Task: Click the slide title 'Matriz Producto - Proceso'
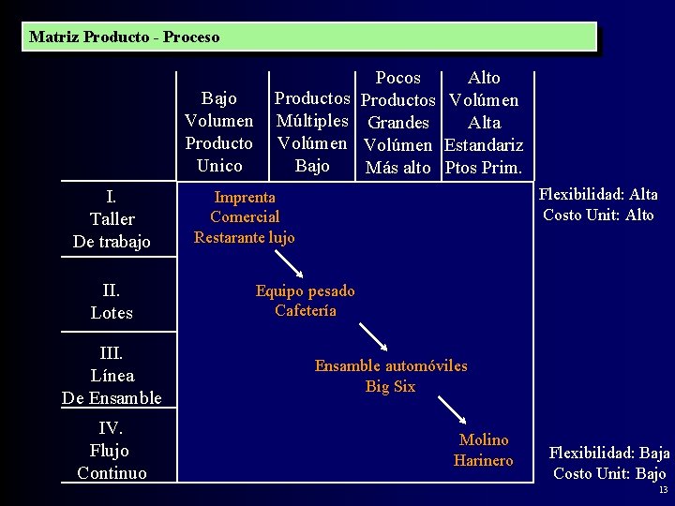pos(125,37)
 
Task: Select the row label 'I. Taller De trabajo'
pos(112,219)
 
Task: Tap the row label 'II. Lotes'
pos(112,301)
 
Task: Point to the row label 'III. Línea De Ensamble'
pos(112,376)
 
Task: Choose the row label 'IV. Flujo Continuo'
pos(112,451)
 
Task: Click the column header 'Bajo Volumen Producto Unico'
pos(219,132)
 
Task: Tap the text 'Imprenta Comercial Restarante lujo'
pos(245,217)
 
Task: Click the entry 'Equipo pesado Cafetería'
pos(306,300)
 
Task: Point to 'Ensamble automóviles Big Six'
pos(390,376)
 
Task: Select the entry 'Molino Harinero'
pos(484,450)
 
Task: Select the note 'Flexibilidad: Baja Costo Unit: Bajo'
pos(609,463)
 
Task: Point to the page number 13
pos(663,491)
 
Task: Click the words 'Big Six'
pos(390,386)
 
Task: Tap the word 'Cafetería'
pos(306,310)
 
